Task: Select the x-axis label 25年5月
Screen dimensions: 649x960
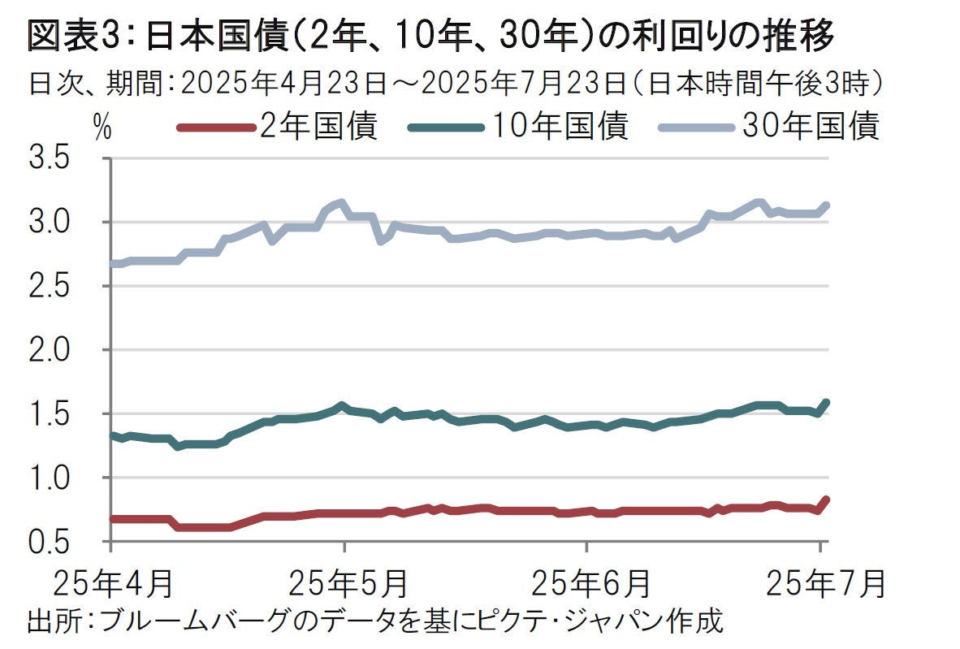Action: click(348, 583)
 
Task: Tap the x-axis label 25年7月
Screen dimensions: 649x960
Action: click(826, 583)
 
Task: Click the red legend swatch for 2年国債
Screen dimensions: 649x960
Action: click(213, 128)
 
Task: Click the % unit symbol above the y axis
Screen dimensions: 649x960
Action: click(102, 128)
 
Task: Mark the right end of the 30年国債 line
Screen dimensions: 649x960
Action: click(826, 206)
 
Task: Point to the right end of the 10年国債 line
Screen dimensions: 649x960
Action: click(826, 402)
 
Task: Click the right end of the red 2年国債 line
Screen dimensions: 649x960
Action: click(826, 500)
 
